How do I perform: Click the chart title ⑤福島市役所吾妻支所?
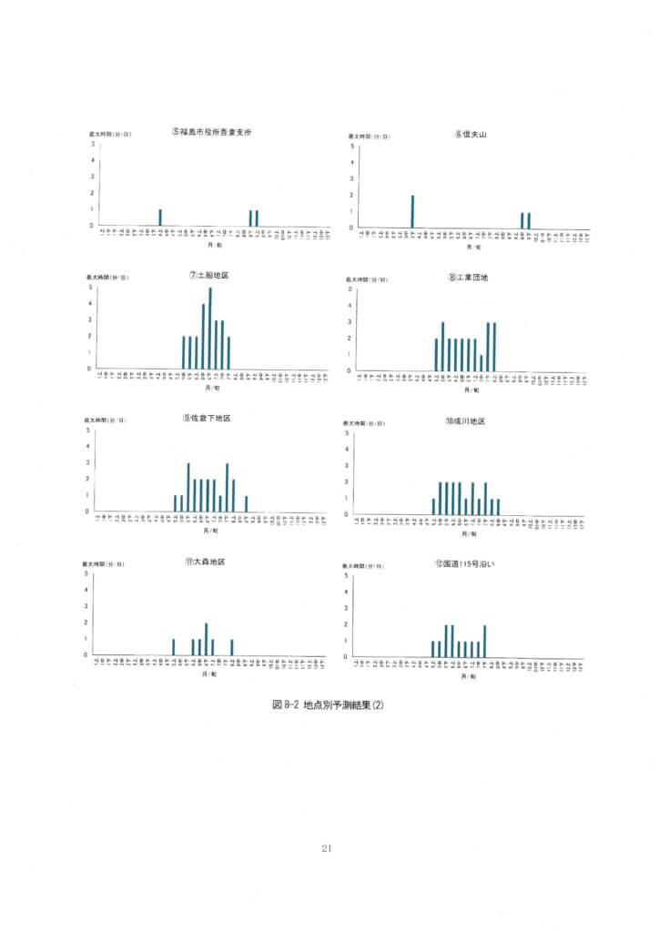(x=210, y=132)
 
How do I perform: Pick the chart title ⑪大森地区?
(x=205, y=562)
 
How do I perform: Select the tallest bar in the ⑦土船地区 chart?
(x=210, y=328)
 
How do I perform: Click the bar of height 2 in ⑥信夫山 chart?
(x=412, y=211)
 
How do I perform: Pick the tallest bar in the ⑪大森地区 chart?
(x=207, y=639)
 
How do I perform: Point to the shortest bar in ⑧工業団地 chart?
(x=481, y=362)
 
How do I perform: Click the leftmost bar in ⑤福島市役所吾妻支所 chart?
(x=160, y=218)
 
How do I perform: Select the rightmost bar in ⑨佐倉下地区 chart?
(x=246, y=503)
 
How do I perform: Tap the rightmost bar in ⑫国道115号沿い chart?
(x=485, y=641)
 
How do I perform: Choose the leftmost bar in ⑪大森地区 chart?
(x=173, y=647)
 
